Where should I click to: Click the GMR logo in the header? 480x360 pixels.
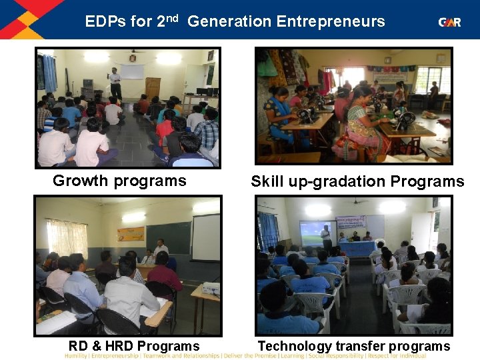pos(449,22)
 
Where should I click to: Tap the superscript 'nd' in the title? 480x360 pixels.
pos(172,18)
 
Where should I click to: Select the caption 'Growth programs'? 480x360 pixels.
pos(119,181)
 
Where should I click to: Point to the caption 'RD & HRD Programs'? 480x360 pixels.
pos(134,345)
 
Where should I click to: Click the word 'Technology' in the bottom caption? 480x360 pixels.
pos(294,345)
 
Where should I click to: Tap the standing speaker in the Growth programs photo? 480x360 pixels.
pos(115,83)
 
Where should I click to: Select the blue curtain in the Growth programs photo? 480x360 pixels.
pos(50,73)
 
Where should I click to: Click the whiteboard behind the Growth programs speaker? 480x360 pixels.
pos(132,72)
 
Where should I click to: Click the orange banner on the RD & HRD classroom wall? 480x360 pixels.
pos(131,234)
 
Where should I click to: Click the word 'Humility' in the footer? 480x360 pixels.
pos(79,355)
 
